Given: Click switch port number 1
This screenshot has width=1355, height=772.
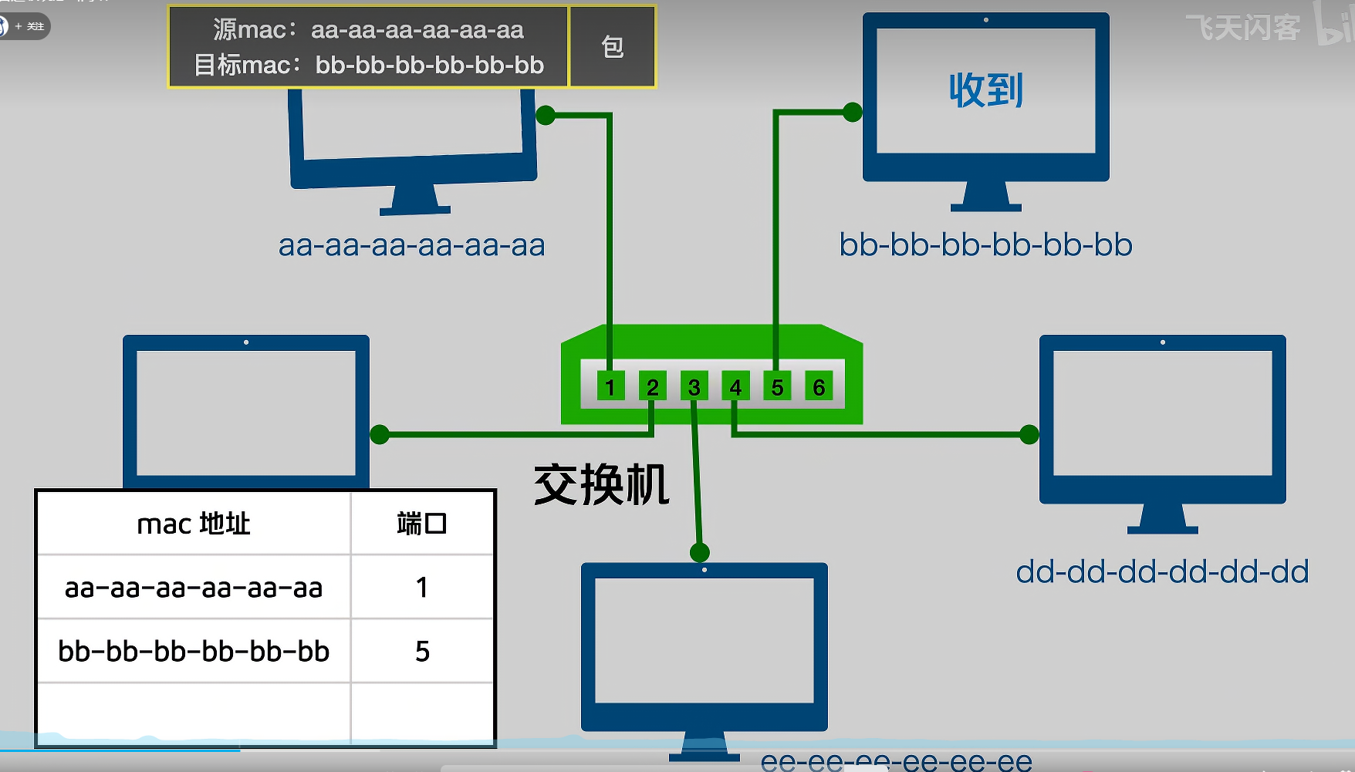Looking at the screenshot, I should tap(610, 386).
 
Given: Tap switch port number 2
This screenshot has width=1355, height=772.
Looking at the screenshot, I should tap(652, 386).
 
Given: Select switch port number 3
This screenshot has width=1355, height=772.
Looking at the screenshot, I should tap(694, 386).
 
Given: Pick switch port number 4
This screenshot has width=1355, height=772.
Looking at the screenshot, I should tap(735, 386).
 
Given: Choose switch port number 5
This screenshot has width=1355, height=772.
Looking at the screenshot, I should tap(777, 386).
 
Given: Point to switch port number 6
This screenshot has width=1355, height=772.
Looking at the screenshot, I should tap(819, 386).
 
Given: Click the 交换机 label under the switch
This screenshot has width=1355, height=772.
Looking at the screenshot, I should tap(601, 485).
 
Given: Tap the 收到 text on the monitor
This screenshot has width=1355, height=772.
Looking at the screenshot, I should tap(985, 91).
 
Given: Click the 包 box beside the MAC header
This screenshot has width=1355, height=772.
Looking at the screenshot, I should tap(613, 47).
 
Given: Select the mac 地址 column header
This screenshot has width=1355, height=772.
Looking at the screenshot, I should tap(194, 524).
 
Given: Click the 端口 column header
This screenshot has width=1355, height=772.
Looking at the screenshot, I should tap(421, 524).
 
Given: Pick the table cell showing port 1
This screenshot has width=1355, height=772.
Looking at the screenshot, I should tap(421, 588).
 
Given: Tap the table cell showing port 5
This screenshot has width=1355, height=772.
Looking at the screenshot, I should tap(421, 652).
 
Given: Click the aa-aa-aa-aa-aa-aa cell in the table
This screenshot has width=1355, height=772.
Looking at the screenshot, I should tap(194, 588).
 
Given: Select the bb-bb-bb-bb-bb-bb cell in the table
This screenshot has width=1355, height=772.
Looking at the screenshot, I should tap(194, 652).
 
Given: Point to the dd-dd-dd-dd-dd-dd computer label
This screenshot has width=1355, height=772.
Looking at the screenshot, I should tap(1162, 572).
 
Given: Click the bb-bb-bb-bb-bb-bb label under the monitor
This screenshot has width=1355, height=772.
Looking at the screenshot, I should tap(985, 245).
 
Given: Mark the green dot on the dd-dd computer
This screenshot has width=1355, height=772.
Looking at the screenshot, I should tap(1029, 434).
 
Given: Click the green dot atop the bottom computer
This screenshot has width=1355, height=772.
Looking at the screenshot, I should tap(699, 552).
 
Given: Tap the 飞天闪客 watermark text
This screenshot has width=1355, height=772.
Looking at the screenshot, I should tap(1242, 29).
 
